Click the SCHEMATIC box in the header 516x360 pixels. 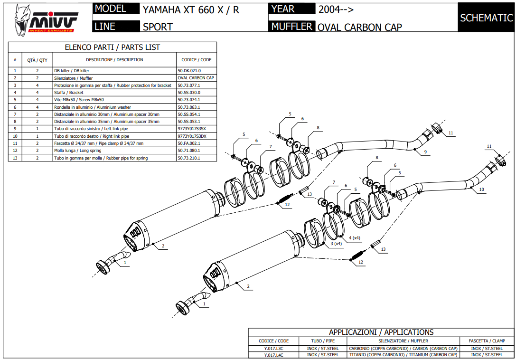[x=486, y=18]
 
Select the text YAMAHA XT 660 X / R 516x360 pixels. [x=191, y=9]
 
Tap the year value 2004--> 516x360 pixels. [x=336, y=9]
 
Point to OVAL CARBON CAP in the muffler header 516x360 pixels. [x=359, y=27]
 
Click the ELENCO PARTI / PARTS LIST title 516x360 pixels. [x=113, y=47]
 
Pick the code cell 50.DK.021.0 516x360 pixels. [x=189, y=71]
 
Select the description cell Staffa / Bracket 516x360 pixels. [x=69, y=93]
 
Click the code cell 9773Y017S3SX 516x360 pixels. [x=192, y=129]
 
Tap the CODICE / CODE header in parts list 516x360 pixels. [x=197, y=60]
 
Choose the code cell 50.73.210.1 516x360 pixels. [x=189, y=158]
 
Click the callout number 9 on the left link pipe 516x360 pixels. [x=426, y=152]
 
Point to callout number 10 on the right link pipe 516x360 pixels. [x=481, y=189]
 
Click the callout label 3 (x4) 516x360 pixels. [x=336, y=243]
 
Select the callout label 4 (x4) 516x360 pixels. [x=355, y=237]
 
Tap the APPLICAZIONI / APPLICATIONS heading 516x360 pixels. [x=381, y=332]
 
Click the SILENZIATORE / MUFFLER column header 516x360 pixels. [x=403, y=341]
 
